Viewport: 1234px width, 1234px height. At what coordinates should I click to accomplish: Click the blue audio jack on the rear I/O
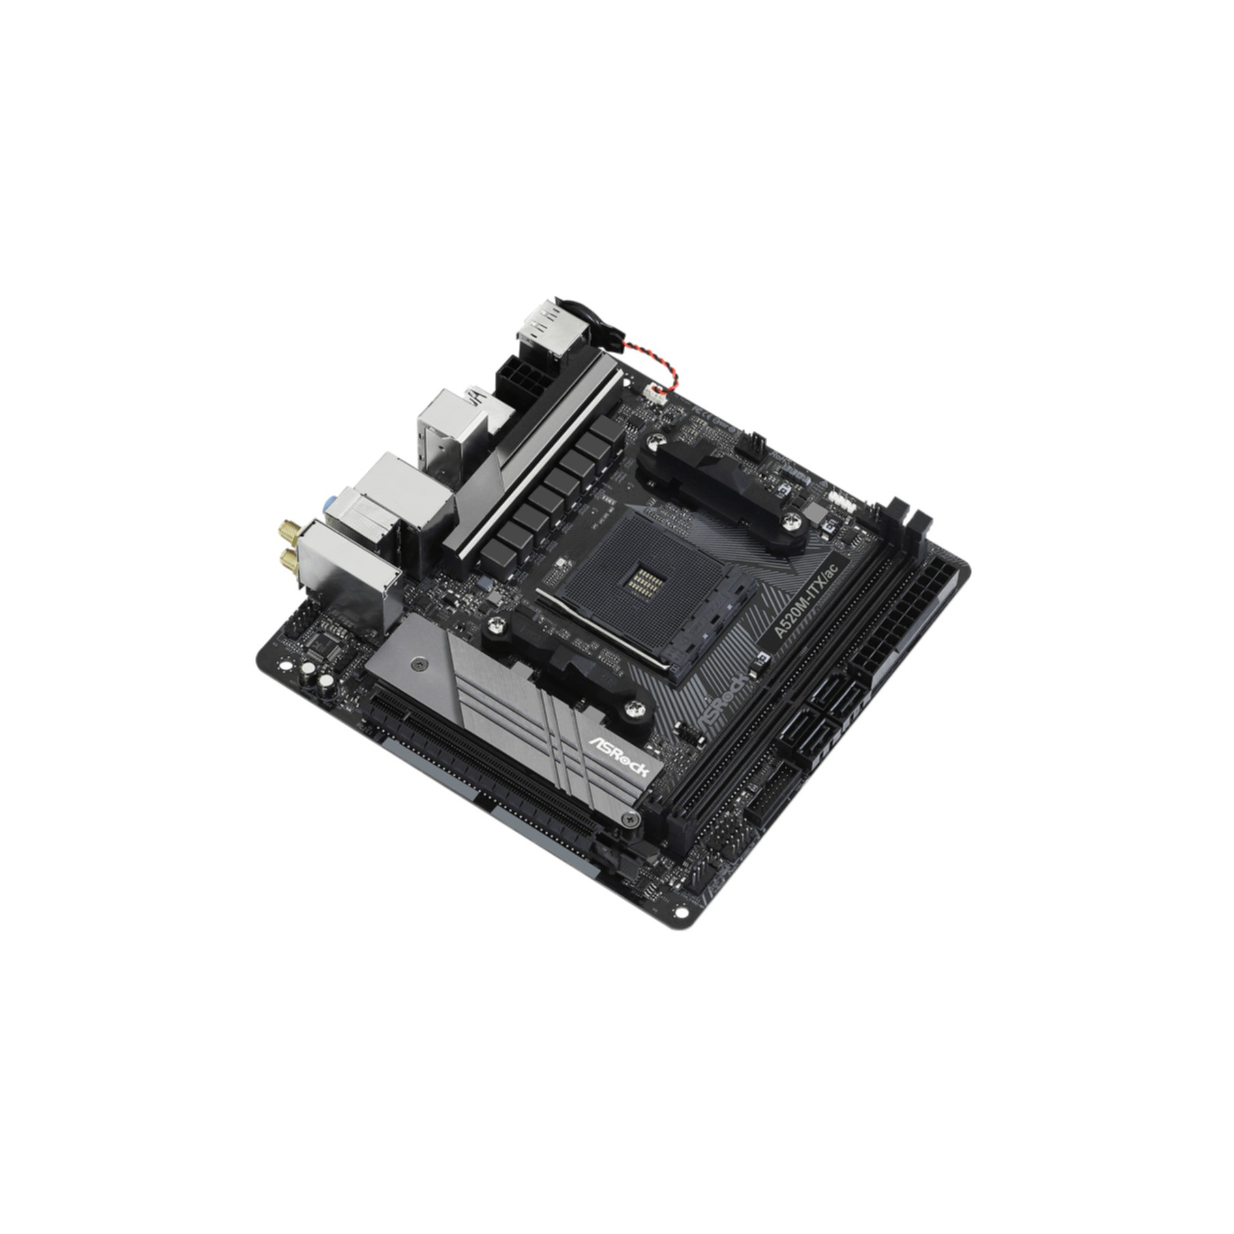328,507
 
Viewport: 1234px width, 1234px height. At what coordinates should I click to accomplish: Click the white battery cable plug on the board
652,394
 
